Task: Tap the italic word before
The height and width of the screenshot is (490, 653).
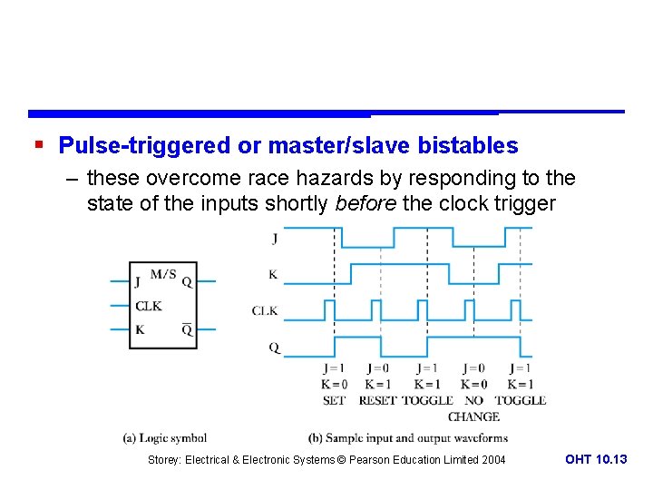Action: (365, 203)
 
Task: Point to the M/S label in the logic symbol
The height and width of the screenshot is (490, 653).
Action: (164, 273)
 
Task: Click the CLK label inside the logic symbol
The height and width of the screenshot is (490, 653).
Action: (149, 306)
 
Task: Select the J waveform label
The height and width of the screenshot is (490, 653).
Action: (275, 239)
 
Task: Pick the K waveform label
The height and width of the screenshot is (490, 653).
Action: (273, 274)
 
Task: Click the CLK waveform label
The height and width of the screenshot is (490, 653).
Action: (265, 311)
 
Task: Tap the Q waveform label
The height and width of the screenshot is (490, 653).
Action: (274, 347)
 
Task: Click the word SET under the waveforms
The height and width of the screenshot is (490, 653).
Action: (334, 400)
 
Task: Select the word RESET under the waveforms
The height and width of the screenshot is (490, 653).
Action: (377, 400)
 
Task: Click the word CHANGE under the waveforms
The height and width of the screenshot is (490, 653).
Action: (473, 416)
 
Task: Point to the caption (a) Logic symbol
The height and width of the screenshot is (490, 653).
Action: (165, 437)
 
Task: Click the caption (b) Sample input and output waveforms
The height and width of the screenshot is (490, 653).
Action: (408, 437)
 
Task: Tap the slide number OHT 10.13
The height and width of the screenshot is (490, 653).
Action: (596, 460)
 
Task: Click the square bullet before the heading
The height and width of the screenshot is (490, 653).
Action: (37, 145)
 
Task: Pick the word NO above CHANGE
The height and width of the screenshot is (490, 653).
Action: (473, 400)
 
